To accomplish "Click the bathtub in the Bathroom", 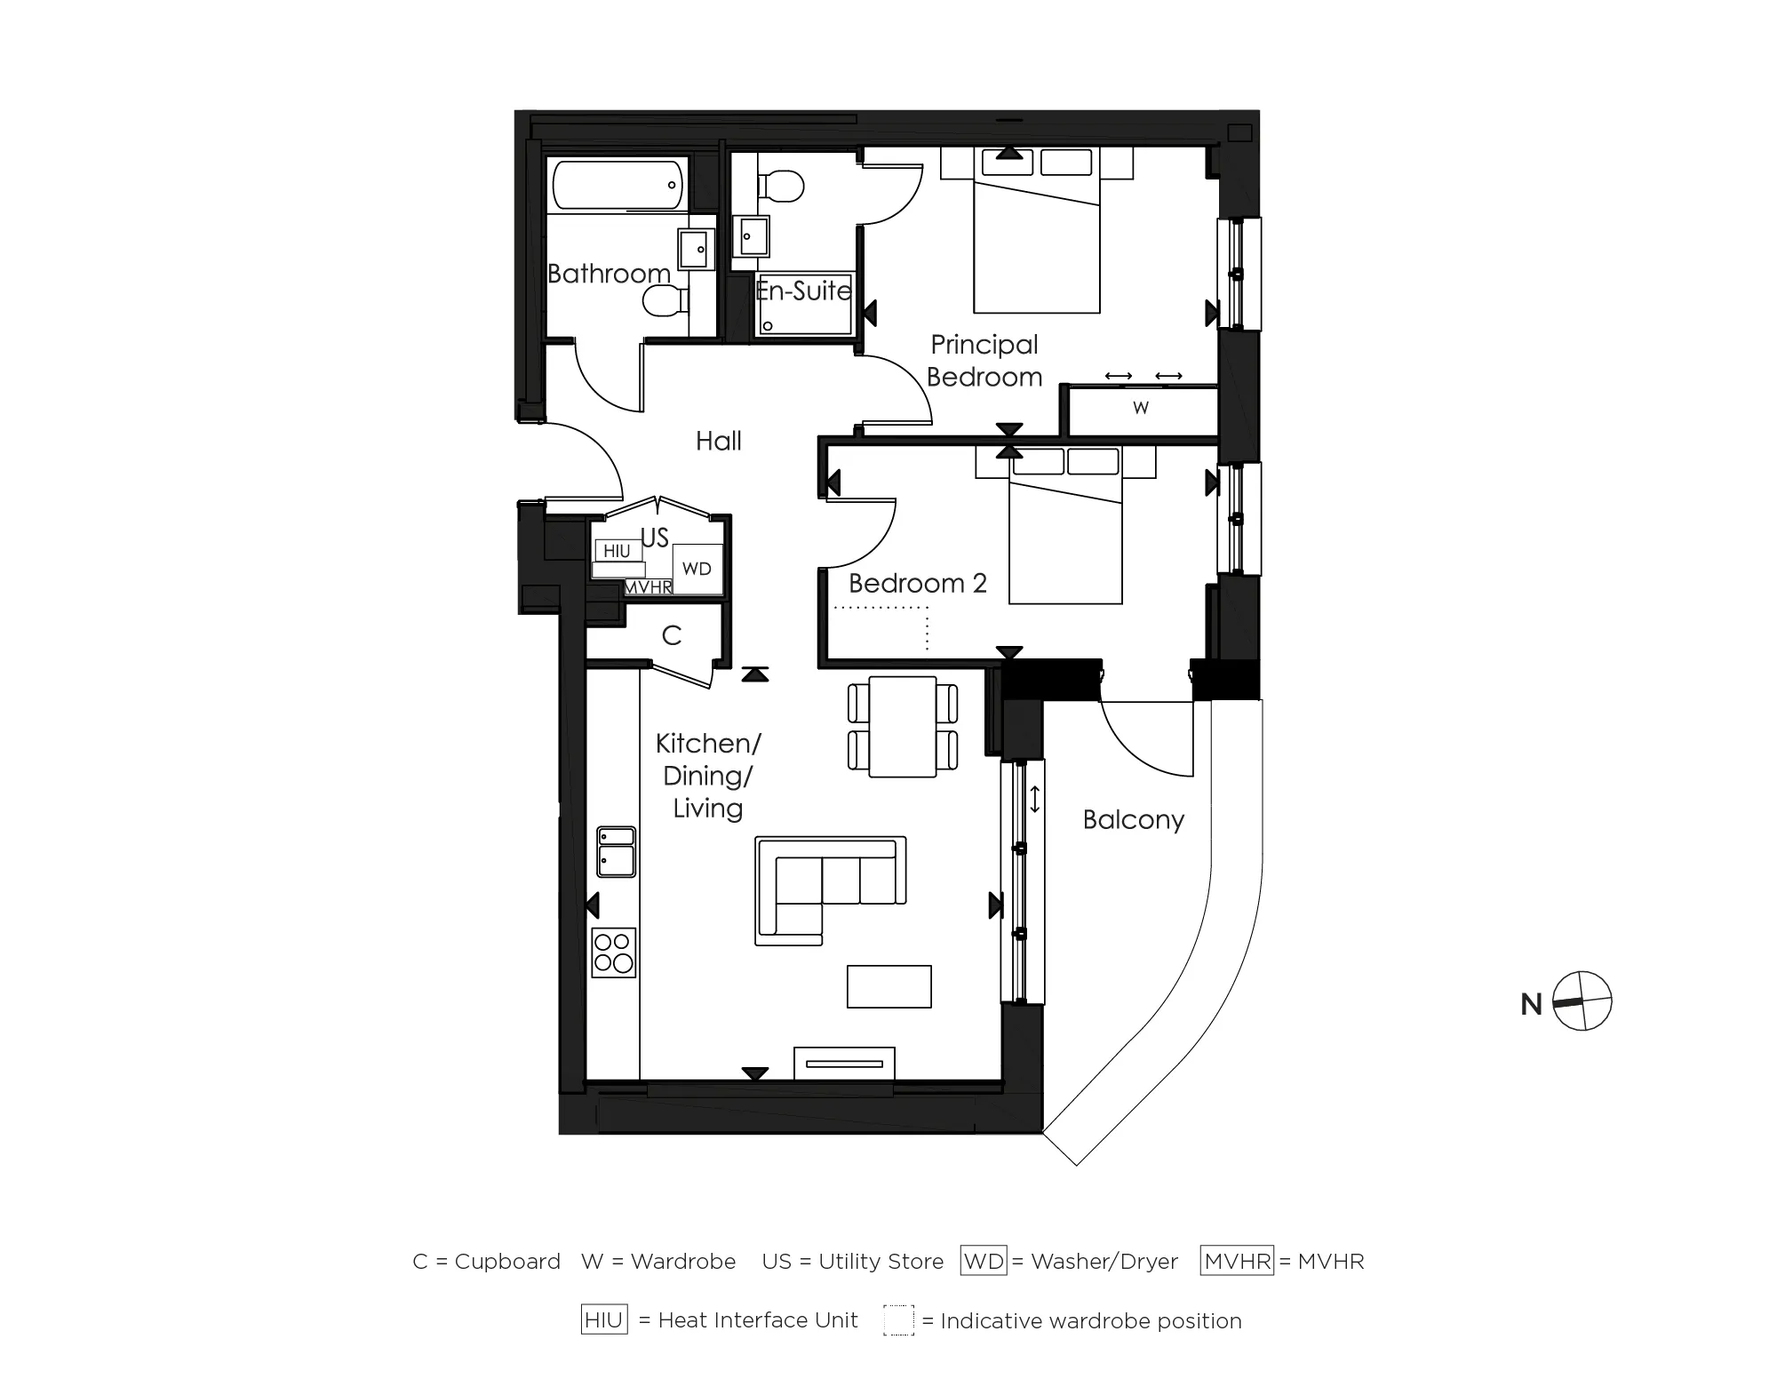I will coord(618,185).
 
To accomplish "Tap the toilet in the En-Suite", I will coord(782,187).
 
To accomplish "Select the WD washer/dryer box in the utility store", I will coord(697,569).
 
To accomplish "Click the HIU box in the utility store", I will coord(617,551).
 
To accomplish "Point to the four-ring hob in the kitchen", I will coord(613,952).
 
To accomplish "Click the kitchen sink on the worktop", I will coord(616,851).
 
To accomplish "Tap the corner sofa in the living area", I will coord(830,889).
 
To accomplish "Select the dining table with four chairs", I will coord(903,727).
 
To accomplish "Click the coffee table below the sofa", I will coord(888,986).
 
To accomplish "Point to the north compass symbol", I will coord(1582,1001).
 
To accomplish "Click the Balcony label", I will coord(1133,819).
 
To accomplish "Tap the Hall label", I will coord(718,441).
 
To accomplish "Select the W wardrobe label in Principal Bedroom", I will coord(1141,408).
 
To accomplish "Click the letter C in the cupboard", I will coord(672,635).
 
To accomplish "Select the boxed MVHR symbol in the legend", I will coord(1237,1261).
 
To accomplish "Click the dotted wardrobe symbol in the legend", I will coord(898,1319).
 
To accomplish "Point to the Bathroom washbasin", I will coord(696,249).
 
